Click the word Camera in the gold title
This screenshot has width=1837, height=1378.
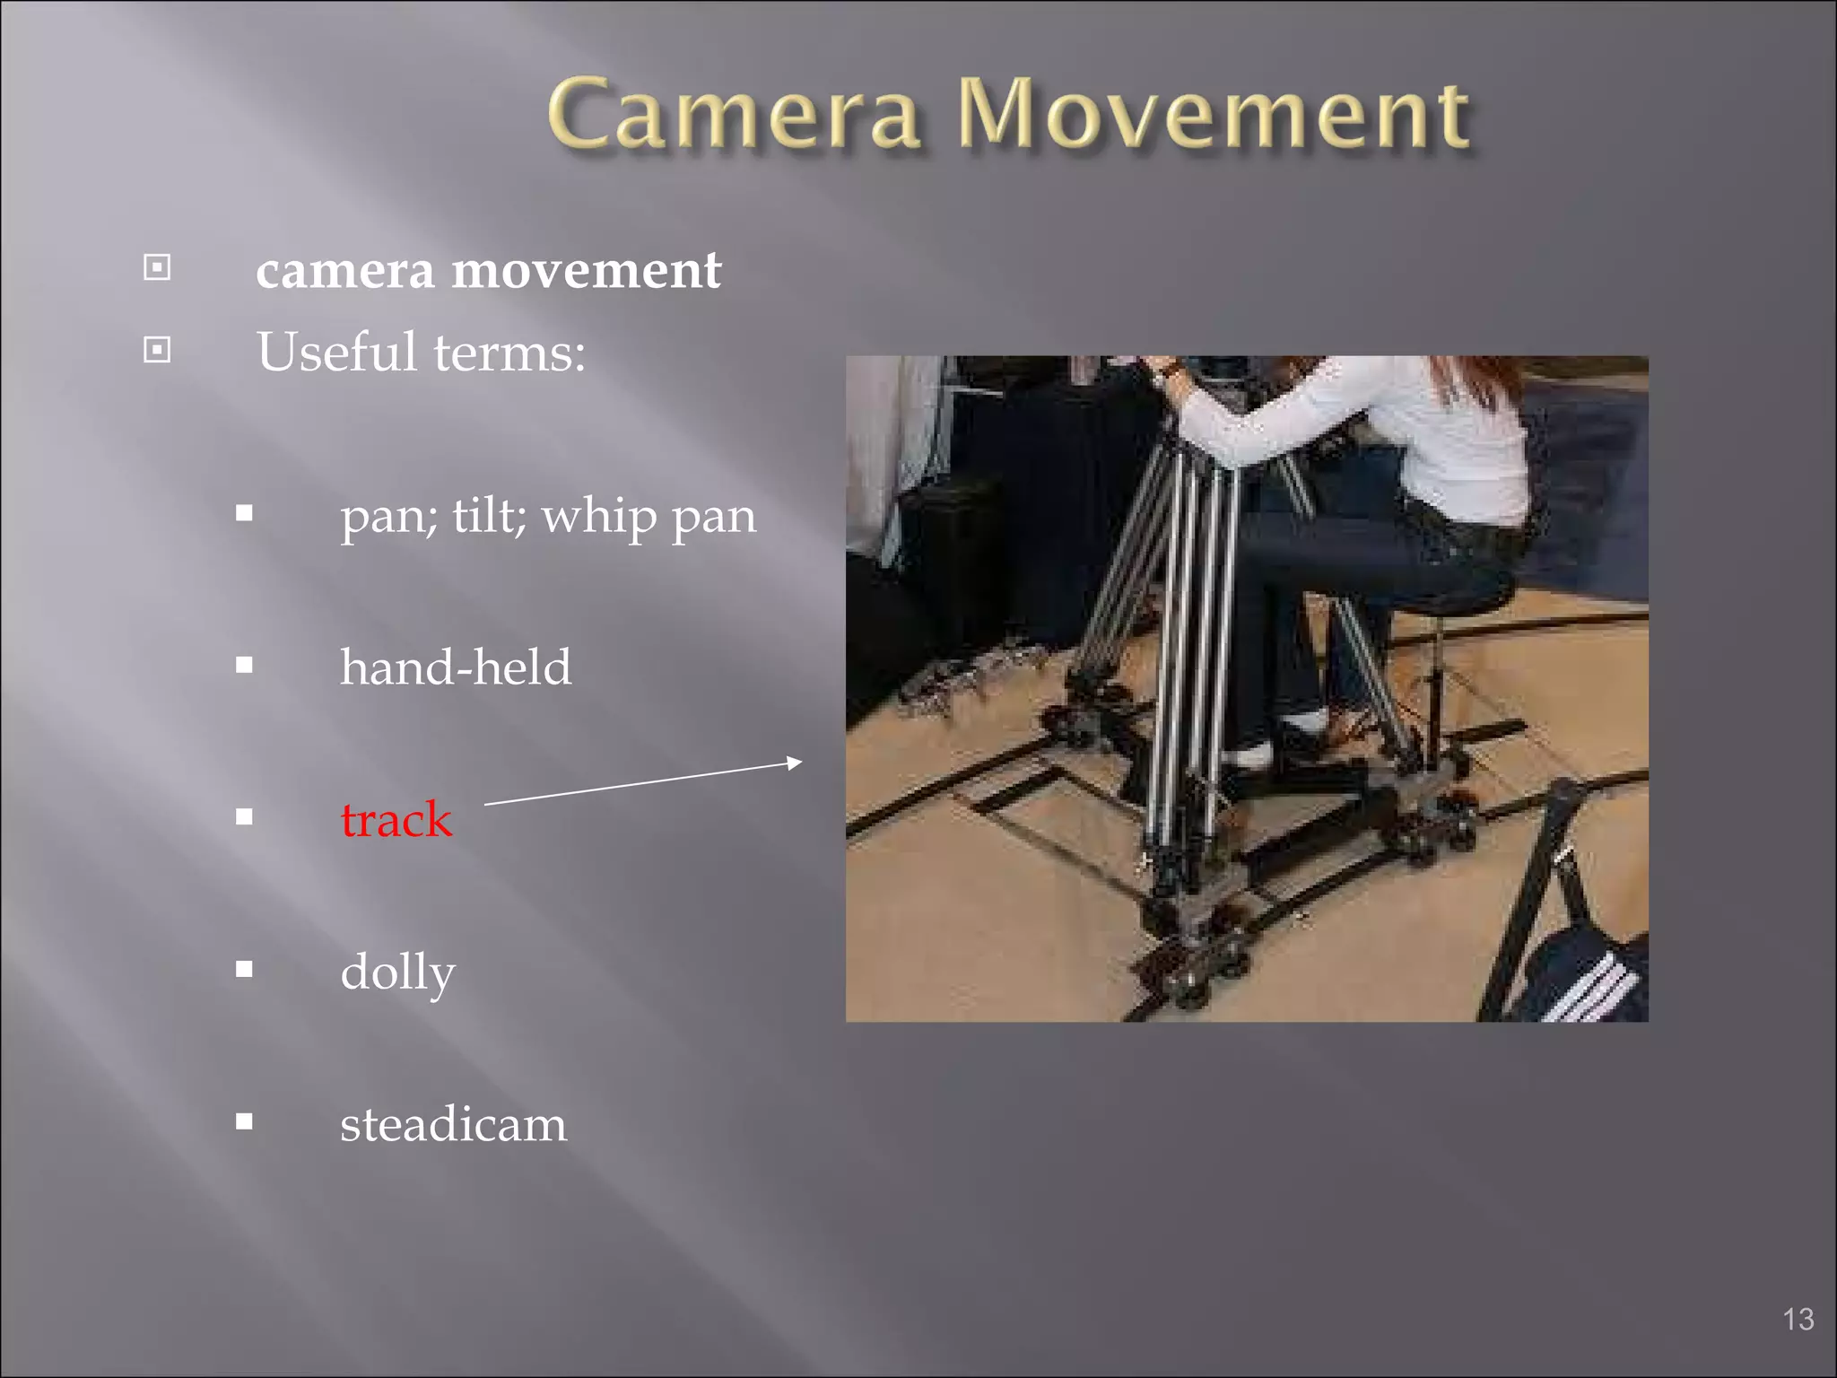pyautogui.click(x=734, y=115)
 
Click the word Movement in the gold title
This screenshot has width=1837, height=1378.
pyautogui.click(x=1213, y=115)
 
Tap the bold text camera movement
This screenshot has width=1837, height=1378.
pyautogui.click(x=488, y=270)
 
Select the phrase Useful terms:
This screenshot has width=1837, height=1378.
pyautogui.click(x=421, y=352)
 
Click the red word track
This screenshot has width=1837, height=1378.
pyautogui.click(x=396, y=819)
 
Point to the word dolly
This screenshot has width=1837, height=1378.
pyautogui.click(x=397, y=972)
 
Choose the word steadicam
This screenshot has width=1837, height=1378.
pyautogui.click(x=453, y=1124)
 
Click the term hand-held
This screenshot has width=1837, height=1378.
pyautogui.click(x=455, y=667)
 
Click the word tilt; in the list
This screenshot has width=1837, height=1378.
pyautogui.click(x=489, y=516)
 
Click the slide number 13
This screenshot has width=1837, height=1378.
pyautogui.click(x=1798, y=1319)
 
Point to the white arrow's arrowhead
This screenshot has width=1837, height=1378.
pyautogui.click(x=794, y=763)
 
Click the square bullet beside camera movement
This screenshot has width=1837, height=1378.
pyautogui.click(x=157, y=267)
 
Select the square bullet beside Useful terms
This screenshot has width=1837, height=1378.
pyautogui.click(x=157, y=349)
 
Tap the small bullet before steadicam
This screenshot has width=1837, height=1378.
pyautogui.click(x=244, y=1121)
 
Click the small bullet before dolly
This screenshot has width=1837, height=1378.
pyautogui.click(x=244, y=969)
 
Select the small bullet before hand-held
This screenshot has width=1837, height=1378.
pyautogui.click(x=244, y=666)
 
